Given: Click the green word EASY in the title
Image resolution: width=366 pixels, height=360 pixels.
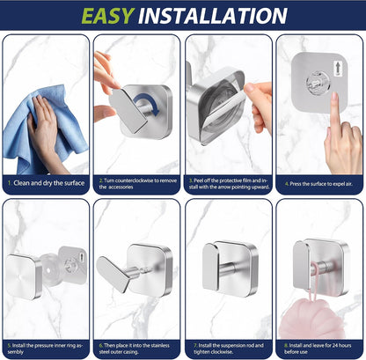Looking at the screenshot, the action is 107,16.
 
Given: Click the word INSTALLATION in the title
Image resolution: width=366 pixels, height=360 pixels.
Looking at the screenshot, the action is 213,16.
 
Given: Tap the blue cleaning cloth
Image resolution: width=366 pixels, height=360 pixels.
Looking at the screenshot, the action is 44,129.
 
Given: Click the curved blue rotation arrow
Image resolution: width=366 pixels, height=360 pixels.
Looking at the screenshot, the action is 147,105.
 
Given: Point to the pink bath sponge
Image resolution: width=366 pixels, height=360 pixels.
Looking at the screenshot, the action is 312,319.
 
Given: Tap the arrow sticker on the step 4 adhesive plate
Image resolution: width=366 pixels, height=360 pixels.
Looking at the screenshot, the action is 337,69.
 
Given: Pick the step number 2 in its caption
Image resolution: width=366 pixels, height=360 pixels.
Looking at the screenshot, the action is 100,180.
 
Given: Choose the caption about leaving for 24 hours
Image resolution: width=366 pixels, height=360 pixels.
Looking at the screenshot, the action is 318,349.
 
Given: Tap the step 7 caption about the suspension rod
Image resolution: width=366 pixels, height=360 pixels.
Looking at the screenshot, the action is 229,349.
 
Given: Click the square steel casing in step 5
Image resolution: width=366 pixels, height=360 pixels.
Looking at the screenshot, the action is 24,276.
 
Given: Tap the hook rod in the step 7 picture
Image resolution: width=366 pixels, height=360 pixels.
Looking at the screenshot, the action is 231,269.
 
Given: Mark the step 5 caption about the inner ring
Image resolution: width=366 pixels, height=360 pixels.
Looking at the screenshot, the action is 46,349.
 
